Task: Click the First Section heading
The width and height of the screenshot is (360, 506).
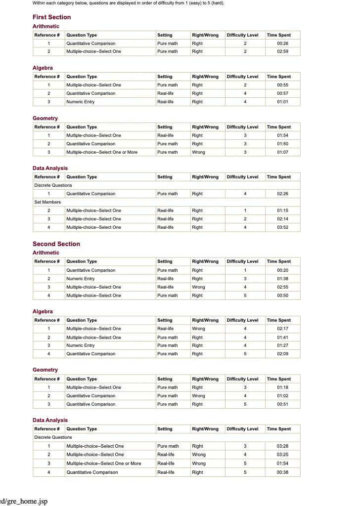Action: tap(51, 17)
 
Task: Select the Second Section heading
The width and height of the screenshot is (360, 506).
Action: tap(56, 244)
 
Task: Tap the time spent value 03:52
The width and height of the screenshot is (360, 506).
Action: tap(282, 227)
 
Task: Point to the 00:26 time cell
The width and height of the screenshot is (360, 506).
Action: tap(282, 43)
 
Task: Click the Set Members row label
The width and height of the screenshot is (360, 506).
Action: tap(47, 202)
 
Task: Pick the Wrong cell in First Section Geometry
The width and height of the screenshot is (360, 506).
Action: tap(198, 152)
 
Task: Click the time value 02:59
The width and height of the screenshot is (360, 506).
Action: tap(282, 51)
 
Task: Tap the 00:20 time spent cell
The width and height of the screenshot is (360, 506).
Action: tap(282, 270)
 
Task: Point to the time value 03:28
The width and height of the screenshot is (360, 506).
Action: tap(282, 446)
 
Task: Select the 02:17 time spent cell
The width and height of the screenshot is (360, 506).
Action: tap(282, 329)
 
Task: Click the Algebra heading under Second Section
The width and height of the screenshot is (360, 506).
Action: tap(43, 311)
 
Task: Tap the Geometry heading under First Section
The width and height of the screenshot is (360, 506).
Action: tap(45, 118)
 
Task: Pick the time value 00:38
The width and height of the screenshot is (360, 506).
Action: tap(282, 472)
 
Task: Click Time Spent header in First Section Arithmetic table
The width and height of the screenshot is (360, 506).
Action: tap(279, 35)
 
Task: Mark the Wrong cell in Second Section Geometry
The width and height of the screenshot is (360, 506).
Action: tap(198, 396)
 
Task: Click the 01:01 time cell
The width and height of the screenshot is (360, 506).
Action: tap(282, 102)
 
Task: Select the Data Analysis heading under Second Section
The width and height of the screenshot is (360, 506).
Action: tap(50, 420)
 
